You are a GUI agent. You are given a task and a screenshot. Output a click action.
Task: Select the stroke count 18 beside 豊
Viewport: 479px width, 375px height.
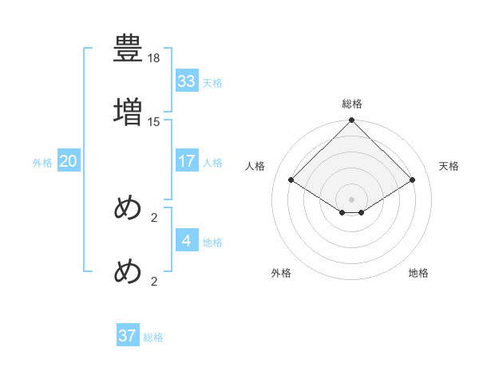click(154, 59)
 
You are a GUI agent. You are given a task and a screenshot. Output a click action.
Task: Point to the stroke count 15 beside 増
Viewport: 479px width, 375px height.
click(154, 121)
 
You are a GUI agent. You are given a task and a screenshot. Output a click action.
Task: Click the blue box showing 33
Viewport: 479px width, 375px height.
click(187, 81)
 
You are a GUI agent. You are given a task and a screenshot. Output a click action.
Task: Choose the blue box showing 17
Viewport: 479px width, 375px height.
click(187, 161)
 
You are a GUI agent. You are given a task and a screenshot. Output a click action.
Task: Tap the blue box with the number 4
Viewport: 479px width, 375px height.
click(187, 240)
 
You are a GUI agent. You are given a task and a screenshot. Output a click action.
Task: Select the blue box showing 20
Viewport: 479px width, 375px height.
click(69, 161)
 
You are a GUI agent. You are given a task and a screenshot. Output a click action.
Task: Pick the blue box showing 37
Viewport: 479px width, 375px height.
click(128, 336)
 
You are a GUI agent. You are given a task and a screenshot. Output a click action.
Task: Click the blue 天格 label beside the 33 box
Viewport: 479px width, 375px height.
click(212, 83)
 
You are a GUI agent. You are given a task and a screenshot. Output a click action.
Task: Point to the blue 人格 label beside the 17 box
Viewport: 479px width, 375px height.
click(212, 163)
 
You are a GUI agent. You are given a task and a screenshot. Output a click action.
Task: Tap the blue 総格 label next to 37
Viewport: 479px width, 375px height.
click(153, 337)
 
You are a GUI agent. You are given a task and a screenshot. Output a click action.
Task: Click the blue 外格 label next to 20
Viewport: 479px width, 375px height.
click(42, 163)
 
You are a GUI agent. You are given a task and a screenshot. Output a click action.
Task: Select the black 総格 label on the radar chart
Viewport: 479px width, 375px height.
click(352, 104)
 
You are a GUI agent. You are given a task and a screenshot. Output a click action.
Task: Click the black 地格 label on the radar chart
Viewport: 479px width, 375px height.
click(418, 273)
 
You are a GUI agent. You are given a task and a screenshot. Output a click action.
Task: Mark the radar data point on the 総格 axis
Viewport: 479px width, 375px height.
click(352, 121)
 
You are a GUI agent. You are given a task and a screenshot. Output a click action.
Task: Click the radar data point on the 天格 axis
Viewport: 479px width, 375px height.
click(413, 180)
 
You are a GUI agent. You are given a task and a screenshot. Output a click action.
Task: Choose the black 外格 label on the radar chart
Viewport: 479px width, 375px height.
click(281, 273)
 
